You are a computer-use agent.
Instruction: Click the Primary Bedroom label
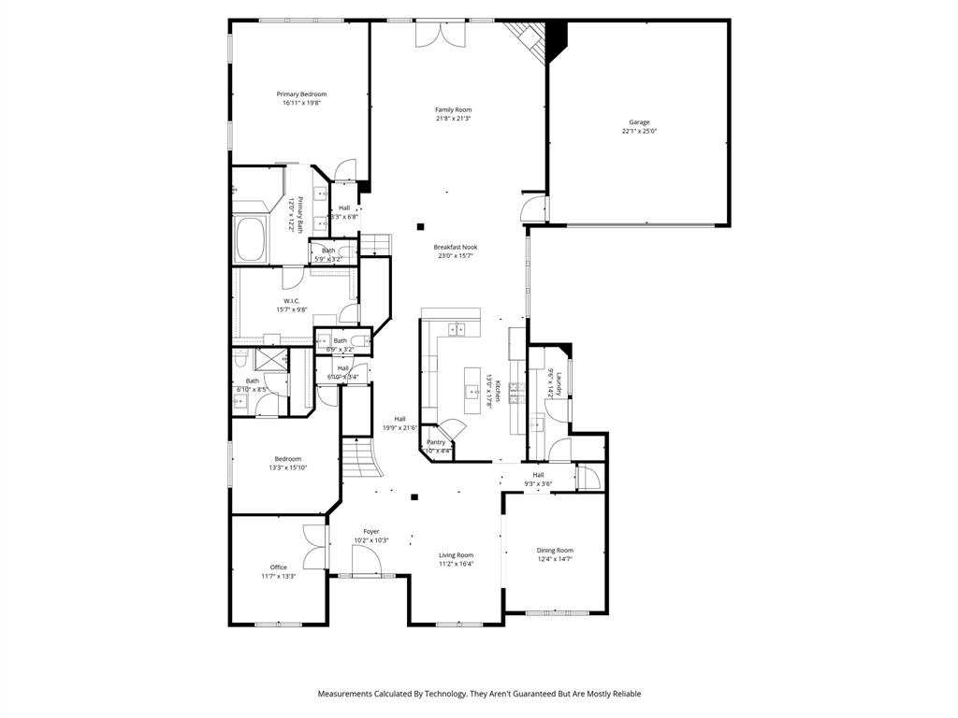(301, 94)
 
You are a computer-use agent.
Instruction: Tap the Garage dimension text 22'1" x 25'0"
(639, 132)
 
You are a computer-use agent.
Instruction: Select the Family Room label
(453, 110)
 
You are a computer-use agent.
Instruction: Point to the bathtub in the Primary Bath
(252, 240)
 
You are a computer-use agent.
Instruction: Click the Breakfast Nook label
(455, 247)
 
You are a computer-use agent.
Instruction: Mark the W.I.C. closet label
(291, 300)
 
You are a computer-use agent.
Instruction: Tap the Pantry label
(436, 442)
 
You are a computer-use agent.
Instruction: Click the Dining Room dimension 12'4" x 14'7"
(555, 559)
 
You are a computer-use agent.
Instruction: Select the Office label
(279, 567)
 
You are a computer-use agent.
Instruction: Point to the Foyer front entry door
(366, 563)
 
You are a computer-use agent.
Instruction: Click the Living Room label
(457, 555)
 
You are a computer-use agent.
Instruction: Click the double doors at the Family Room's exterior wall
(439, 34)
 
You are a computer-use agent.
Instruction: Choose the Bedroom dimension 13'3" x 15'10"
(288, 467)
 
